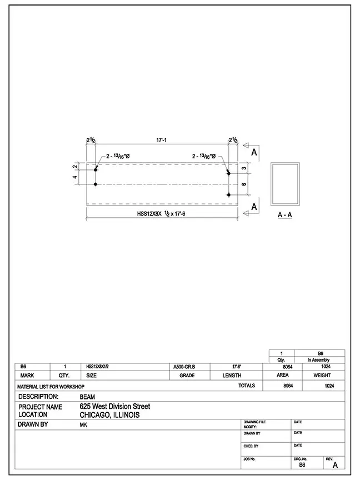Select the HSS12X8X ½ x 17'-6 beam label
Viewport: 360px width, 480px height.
pos(161,213)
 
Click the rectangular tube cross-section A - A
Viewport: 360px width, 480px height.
pos(286,184)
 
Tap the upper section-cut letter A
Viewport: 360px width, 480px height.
pos(254,151)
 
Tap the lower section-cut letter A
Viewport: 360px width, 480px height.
pos(254,207)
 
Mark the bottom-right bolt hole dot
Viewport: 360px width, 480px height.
pos(229,194)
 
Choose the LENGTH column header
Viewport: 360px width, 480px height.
pos(232,376)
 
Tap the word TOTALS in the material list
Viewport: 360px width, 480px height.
pos(246,386)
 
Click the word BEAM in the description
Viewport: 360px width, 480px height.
pos(87,397)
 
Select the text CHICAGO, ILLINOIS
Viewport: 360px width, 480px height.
pos(109,414)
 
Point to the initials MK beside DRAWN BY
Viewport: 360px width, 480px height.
pos(83,424)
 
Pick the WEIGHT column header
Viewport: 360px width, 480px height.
pos(322,376)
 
